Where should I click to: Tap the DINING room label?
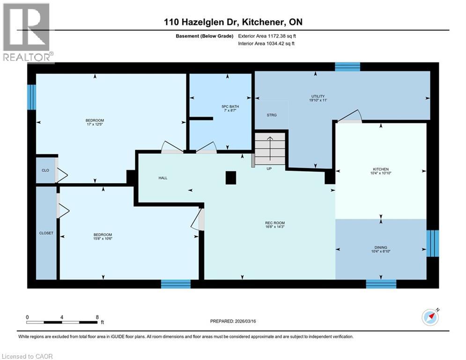(x=381, y=247)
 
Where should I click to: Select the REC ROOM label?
(x=275, y=223)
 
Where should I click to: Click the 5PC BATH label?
(x=228, y=106)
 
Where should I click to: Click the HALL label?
(x=163, y=178)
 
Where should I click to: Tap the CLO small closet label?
(x=45, y=170)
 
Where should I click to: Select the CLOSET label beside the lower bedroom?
(x=46, y=233)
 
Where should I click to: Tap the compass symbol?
(x=429, y=317)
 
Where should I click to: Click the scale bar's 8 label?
(x=96, y=317)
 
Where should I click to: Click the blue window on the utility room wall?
(x=348, y=67)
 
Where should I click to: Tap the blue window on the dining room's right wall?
(x=433, y=243)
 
